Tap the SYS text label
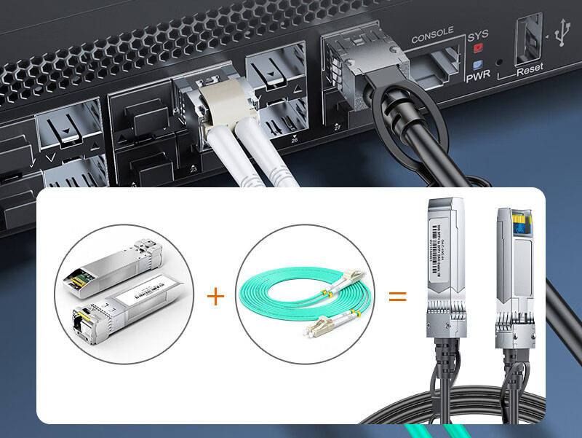click(478, 35)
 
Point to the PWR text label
click(478, 74)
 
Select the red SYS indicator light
click(477, 50)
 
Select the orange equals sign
click(396, 296)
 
